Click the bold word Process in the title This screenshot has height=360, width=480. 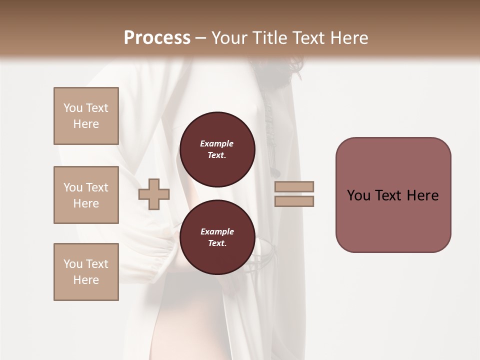157,38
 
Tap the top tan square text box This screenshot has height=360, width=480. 86,116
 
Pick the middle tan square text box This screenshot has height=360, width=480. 86,195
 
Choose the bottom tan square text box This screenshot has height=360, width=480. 86,272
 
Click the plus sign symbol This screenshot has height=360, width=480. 154,195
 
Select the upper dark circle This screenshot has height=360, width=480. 217,149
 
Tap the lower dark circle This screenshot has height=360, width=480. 217,237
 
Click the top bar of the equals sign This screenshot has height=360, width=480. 294,186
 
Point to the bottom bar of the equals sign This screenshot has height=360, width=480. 294,201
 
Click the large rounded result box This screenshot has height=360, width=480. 393,195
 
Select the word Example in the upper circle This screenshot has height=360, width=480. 217,143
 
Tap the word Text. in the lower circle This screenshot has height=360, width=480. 217,243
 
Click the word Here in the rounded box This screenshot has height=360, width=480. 422,195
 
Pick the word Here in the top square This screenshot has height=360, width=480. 86,124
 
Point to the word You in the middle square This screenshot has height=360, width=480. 73,187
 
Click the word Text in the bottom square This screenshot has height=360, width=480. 97,264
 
